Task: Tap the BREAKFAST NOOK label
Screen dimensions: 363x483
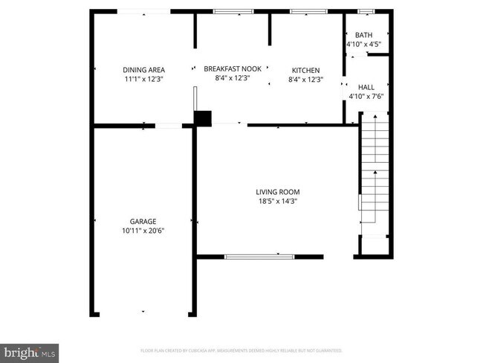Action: coord(232,68)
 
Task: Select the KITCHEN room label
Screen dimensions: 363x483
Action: coord(305,70)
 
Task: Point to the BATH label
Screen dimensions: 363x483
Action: coord(363,35)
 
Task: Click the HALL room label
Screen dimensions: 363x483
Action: coord(366,86)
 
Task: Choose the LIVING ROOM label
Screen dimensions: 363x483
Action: coord(279,191)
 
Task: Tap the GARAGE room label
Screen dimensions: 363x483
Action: coord(143,221)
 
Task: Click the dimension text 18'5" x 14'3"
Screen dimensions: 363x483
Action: coord(279,201)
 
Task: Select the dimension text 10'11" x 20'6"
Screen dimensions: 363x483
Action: coord(143,231)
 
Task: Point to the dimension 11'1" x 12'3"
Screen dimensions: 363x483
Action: coord(143,79)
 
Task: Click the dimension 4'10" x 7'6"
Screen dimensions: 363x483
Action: coord(366,96)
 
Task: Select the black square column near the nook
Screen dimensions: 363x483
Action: coord(203,118)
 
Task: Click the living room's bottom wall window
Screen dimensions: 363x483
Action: coord(259,257)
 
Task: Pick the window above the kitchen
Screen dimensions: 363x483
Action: coord(303,11)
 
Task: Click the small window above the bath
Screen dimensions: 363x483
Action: coord(366,11)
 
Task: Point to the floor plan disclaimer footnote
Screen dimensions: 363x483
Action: coord(241,350)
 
